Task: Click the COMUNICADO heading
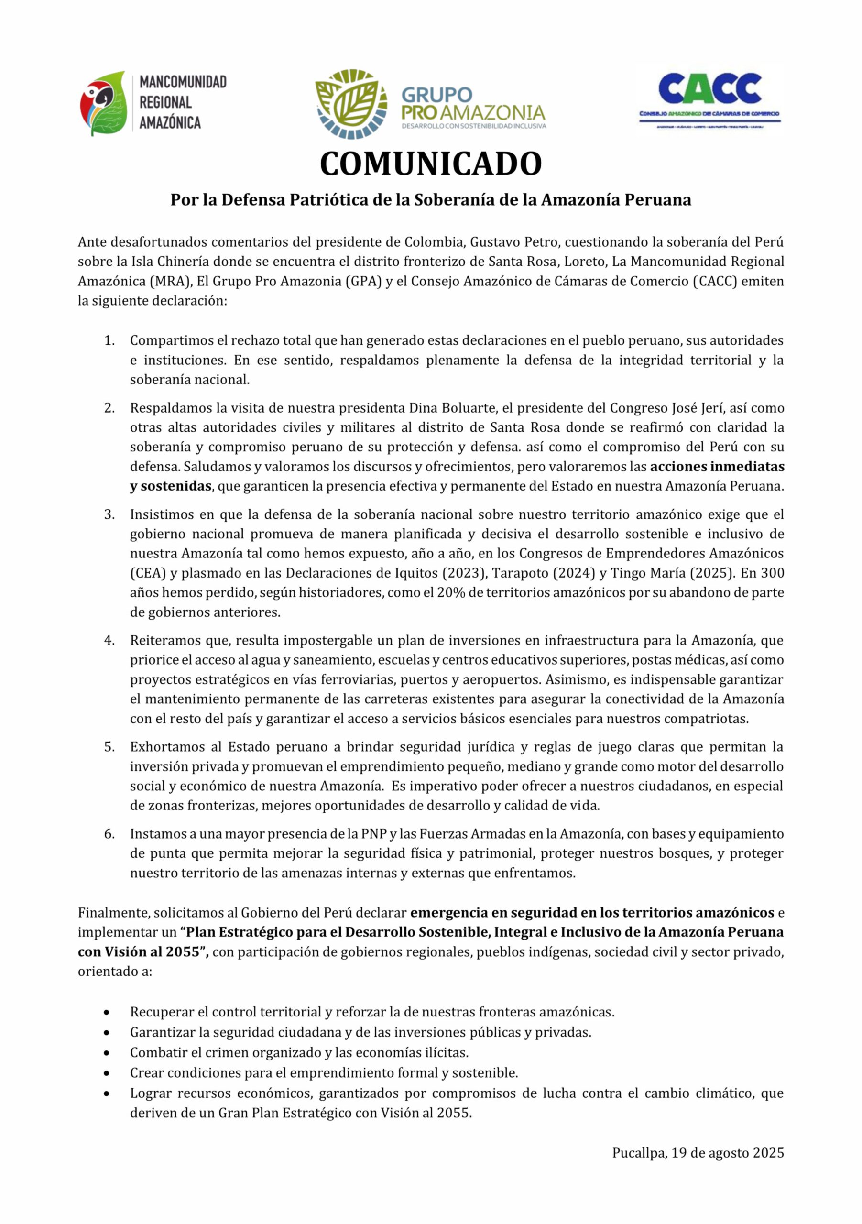point(431,164)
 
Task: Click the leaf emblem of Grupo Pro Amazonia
point(351,104)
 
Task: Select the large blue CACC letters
point(709,88)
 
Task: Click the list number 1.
point(109,340)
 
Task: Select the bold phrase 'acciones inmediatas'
point(717,467)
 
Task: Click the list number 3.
point(109,514)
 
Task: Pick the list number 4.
point(109,640)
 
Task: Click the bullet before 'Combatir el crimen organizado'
point(108,1053)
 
